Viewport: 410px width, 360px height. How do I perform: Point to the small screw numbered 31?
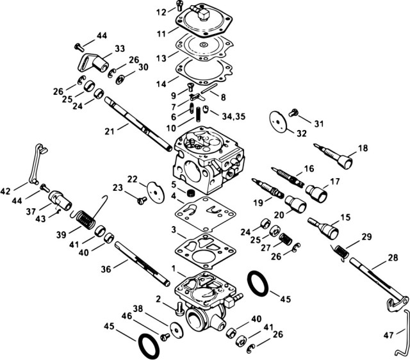[x=294, y=112]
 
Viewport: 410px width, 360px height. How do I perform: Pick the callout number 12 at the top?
[x=161, y=11]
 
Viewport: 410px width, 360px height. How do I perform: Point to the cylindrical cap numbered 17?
[x=315, y=191]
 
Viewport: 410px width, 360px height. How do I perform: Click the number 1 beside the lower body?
[x=172, y=267]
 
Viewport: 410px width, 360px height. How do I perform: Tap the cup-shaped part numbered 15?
[x=326, y=227]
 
